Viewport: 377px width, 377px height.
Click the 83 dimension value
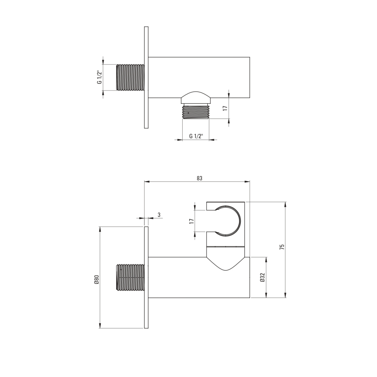pyautogui.click(x=200, y=178)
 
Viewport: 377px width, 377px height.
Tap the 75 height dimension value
pyautogui.click(x=282, y=247)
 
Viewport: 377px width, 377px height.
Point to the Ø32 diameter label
pyautogui.click(x=263, y=277)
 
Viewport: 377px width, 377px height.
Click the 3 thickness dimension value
pyautogui.click(x=159, y=215)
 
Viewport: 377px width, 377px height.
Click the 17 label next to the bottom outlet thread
pyautogui.click(x=225, y=108)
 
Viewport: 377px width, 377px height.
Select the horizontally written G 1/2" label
pyautogui.click(x=196, y=136)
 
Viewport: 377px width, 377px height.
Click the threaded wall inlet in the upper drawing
pyautogui.click(x=130, y=77)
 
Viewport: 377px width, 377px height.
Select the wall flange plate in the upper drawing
pyautogui.click(x=146, y=77)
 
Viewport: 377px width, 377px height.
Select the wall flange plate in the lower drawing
pyautogui.click(x=146, y=277)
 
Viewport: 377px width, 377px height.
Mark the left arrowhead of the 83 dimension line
pyautogui.click(x=146, y=182)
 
